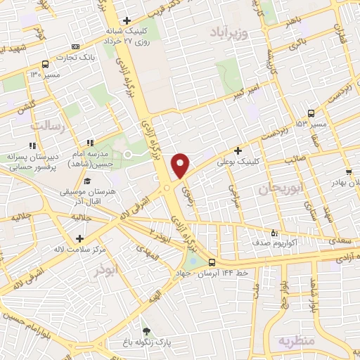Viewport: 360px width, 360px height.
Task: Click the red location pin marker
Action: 181,165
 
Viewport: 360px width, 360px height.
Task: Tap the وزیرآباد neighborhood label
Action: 229,32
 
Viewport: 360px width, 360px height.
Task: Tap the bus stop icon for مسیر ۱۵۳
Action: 311,112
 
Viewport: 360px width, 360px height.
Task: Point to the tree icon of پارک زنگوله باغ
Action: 146,330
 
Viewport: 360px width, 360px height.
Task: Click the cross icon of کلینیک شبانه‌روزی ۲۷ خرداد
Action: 126,20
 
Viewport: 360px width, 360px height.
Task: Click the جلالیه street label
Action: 80,218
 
